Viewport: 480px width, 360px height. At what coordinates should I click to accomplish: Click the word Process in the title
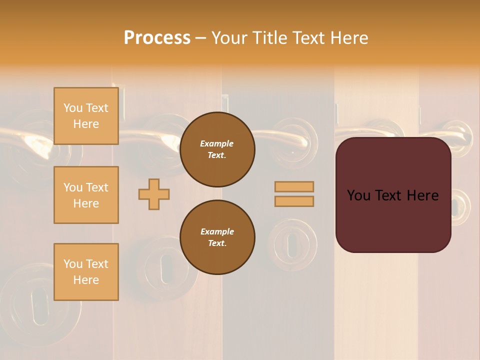(x=157, y=37)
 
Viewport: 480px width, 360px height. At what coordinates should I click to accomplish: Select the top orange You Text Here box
(x=86, y=116)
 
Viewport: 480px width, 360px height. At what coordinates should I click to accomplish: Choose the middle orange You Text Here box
(x=86, y=195)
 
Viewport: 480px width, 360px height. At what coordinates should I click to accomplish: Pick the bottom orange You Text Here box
(x=86, y=272)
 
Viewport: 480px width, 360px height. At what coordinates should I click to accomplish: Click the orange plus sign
(x=154, y=194)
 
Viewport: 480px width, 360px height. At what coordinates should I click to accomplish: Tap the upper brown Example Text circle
(x=217, y=149)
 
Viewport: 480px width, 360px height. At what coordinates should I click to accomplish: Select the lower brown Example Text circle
(x=217, y=237)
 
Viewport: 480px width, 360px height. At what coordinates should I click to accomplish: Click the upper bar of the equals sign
(x=294, y=186)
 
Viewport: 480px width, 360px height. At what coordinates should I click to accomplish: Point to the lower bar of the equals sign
(x=294, y=201)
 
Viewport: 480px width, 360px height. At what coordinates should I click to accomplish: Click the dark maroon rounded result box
(x=393, y=220)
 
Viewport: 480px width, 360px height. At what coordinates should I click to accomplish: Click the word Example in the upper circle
(x=217, y=143)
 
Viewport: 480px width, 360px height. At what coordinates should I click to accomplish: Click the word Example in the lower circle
(x=217, y=231)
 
